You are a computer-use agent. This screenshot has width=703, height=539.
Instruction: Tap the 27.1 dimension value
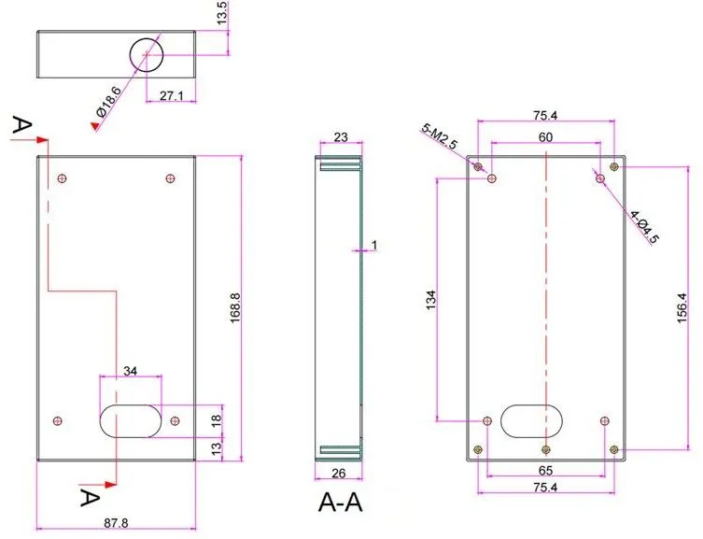[x=171, y=95]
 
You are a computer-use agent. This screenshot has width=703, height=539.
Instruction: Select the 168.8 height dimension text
[x=235, y=308]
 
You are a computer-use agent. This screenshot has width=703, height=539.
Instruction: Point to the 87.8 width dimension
[x=116, y=523]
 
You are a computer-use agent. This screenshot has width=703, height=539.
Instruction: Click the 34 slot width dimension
[x=130, y=371]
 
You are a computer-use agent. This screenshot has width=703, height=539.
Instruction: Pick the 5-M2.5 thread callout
[x=439, y=136]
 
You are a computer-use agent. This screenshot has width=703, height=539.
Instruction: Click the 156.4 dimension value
[x=682, y=307]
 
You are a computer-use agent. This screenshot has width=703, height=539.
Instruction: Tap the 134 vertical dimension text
[x=430, y=300]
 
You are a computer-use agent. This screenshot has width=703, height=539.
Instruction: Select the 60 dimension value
[x=545, y=137]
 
